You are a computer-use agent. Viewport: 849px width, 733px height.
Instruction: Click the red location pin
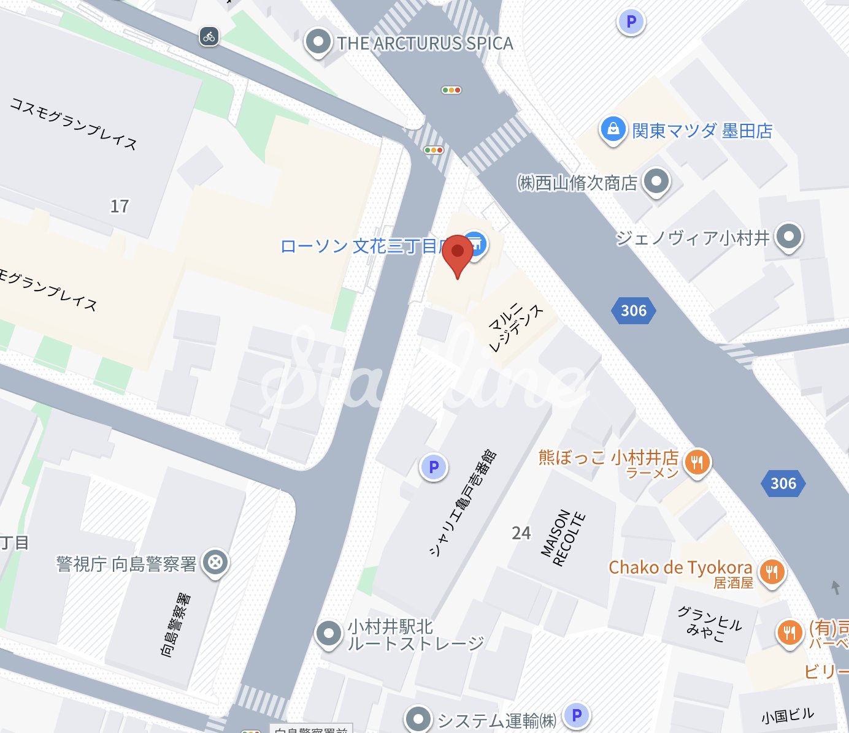(458, 253)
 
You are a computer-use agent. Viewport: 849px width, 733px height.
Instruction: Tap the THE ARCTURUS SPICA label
(425, 44)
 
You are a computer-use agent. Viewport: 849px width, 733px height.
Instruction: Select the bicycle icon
(209, 36)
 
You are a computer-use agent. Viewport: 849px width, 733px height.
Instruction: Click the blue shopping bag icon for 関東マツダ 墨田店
(613, 129)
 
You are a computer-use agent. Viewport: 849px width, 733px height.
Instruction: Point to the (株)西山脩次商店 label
(578, 183)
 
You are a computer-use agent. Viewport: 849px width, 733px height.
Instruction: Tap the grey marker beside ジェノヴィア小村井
(789, 237)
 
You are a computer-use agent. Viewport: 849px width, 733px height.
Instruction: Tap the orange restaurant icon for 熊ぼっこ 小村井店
(697, 461)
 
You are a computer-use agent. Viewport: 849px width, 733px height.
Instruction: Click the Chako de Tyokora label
(680, 568)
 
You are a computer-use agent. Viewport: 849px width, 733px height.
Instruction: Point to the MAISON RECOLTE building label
(563, 539)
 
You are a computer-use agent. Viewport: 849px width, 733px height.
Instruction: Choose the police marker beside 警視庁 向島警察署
(215, 562)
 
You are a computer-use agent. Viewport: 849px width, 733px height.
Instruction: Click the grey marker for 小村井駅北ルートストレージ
(328, 633)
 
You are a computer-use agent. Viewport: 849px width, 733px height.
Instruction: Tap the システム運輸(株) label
(497, 721)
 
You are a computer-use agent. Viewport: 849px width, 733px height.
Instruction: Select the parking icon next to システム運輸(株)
(576, 715)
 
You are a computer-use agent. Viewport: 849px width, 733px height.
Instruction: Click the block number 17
(120, 206)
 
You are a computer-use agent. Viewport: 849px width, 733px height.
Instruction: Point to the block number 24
(521, 533)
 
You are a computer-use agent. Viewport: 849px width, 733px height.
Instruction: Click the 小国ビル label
(788, 715)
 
